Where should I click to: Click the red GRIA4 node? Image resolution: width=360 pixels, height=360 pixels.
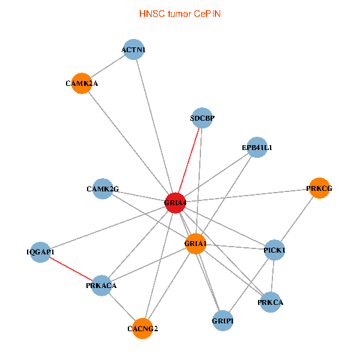[175, 203]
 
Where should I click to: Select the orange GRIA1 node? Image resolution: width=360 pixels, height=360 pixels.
[196, 244]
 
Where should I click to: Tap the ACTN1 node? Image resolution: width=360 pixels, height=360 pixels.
[134, 49]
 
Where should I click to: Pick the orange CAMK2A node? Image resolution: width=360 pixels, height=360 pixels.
[82, 83]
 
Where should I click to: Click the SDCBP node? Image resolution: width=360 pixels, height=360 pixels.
[202, 118]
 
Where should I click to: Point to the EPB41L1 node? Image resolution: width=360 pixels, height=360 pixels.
[257, 147]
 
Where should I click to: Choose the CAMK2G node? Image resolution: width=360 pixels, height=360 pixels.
[103, 189]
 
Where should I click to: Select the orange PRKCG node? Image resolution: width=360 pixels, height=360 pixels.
[319, 188]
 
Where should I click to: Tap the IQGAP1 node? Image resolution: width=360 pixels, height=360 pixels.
[40, 252]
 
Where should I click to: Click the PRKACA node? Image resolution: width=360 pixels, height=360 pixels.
[101, 286]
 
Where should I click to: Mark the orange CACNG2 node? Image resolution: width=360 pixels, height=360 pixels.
[143, 328]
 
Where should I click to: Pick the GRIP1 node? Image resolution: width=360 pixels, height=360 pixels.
[223, 321]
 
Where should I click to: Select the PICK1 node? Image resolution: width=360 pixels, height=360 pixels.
[274, 250]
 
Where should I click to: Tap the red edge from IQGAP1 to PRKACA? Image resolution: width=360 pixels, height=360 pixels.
[70, 269]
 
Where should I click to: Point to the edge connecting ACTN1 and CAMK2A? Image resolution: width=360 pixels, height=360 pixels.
[108, 66]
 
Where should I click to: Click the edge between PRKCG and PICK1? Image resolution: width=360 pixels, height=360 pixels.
[296, 218]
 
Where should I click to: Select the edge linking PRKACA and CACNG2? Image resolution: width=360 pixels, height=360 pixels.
[122, 307]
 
